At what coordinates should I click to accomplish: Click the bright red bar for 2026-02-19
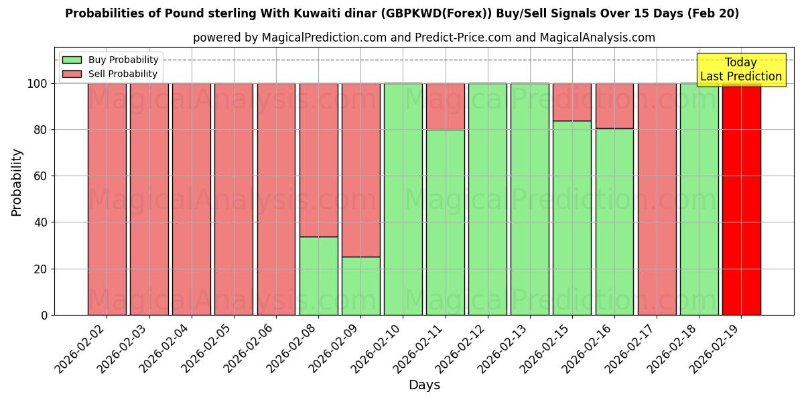coord(741,199)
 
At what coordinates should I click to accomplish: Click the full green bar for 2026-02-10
coord(403,199)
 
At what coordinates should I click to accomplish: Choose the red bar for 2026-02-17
coord(657,199)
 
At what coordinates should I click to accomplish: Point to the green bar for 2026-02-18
coord(699,199)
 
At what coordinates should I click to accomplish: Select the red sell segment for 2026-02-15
coord(572,102)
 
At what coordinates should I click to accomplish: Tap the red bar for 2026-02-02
coord(107,199)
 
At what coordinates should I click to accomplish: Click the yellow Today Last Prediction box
coord(740,70)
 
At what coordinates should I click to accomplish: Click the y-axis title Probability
coord(17,182)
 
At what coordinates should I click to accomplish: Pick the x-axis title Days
coord(424,385)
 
